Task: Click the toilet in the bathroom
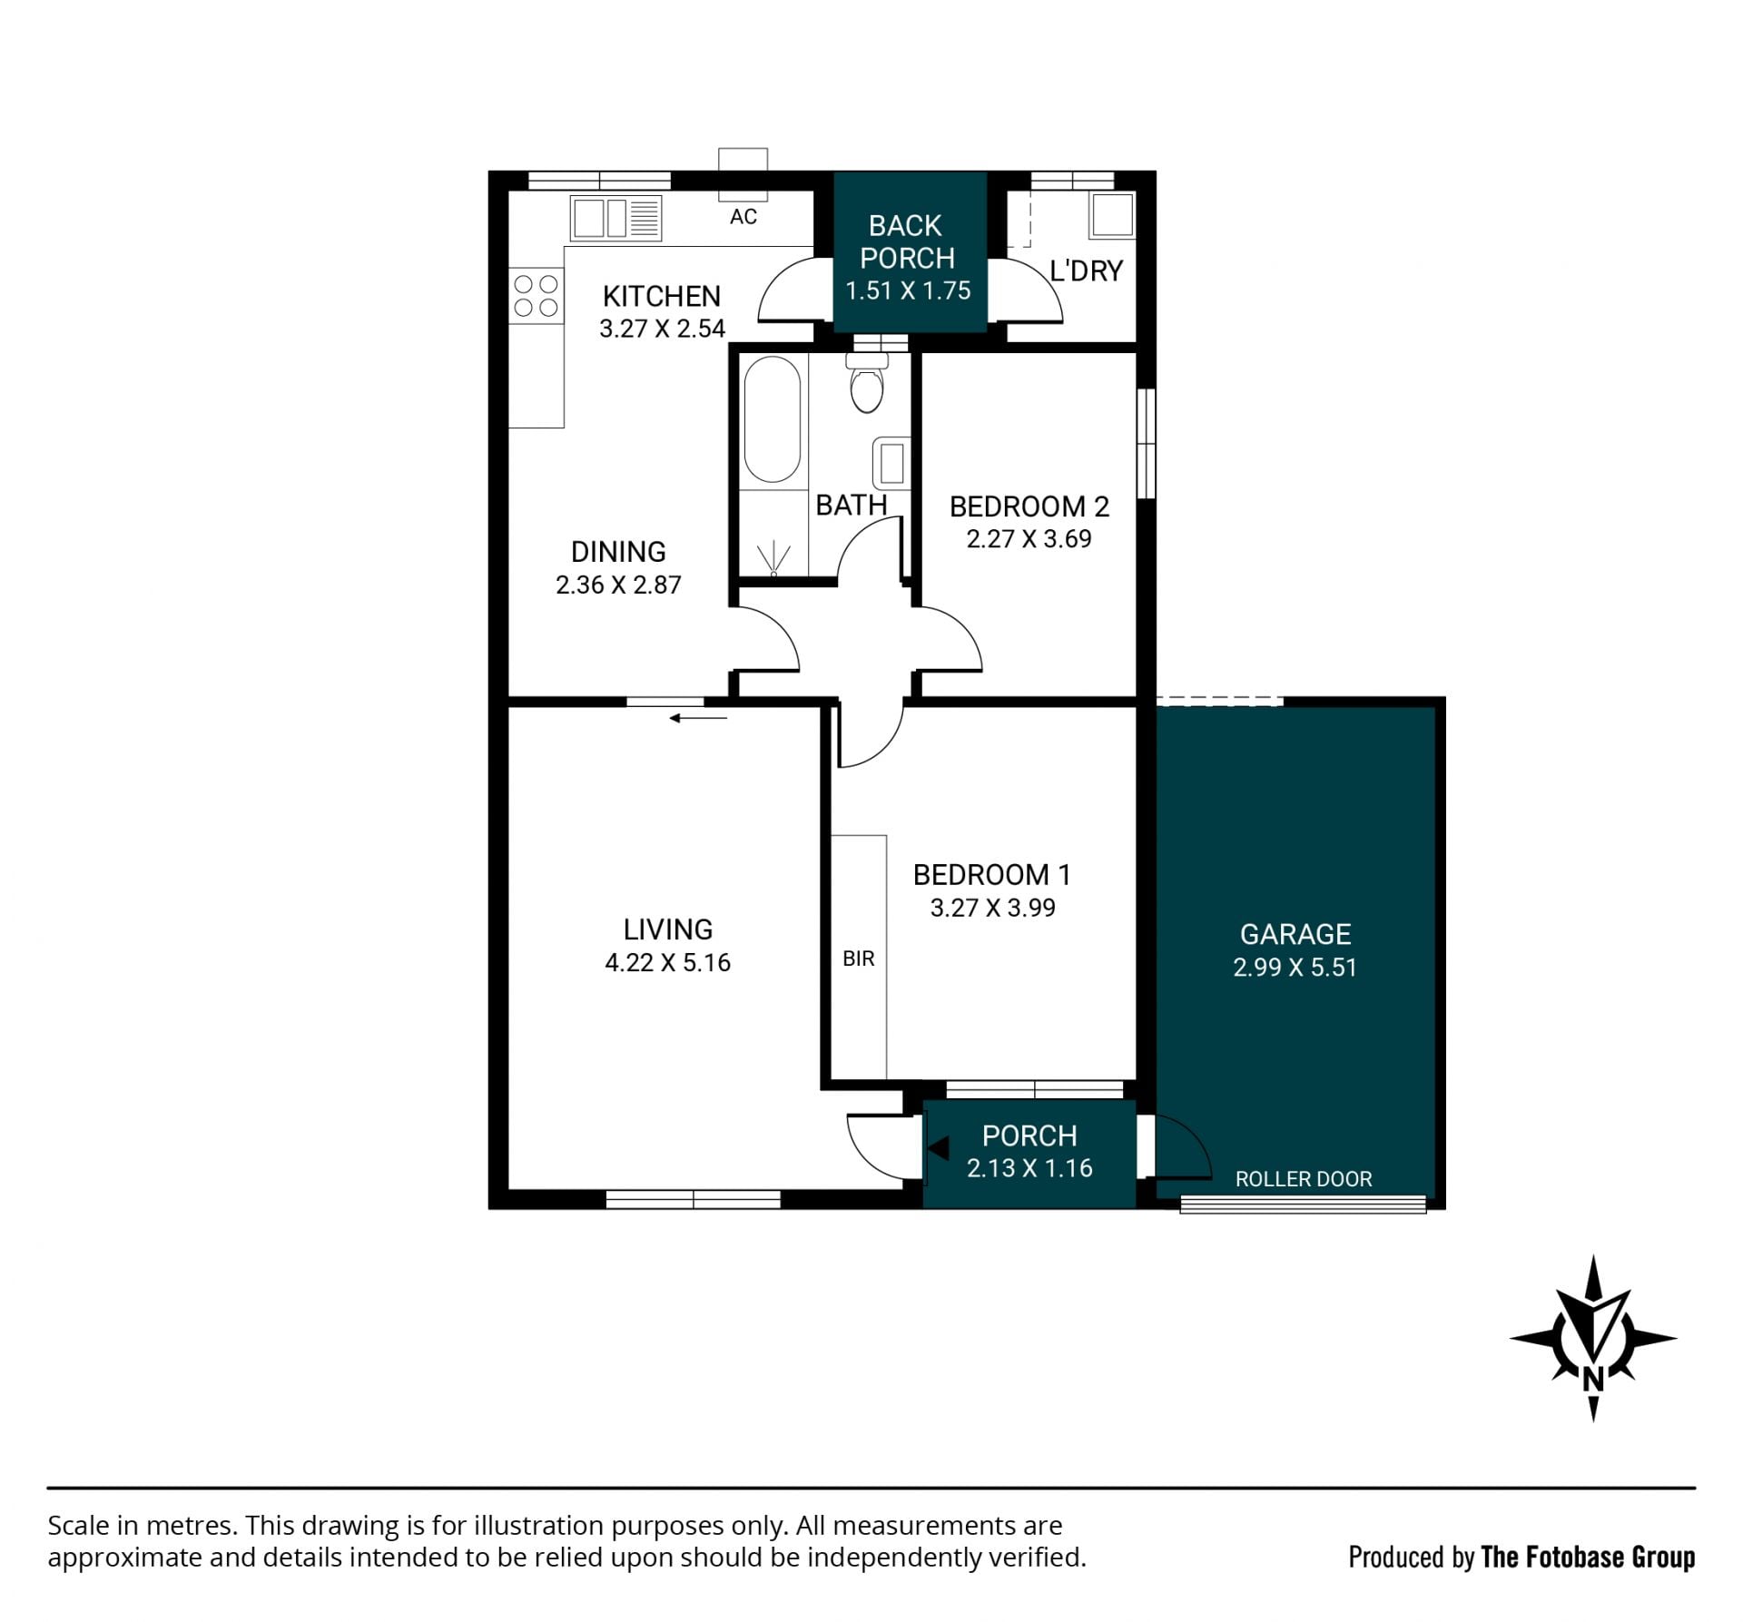867,382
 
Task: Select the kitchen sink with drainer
615,219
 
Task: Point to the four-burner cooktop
536,295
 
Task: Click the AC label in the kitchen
743,216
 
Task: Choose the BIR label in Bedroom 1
859,958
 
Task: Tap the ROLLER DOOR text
1304,1179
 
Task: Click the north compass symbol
1592,1338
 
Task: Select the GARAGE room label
1295,934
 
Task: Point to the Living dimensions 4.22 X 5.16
667,962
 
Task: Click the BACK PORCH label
907,241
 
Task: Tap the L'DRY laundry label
1087,270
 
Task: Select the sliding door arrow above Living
698,719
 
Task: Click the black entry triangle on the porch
938,1148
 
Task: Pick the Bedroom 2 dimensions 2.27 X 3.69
1029,539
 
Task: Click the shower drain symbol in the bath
773,558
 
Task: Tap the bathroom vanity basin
891,463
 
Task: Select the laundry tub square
1112,215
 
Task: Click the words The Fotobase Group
1588,1557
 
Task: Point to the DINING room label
618,552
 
